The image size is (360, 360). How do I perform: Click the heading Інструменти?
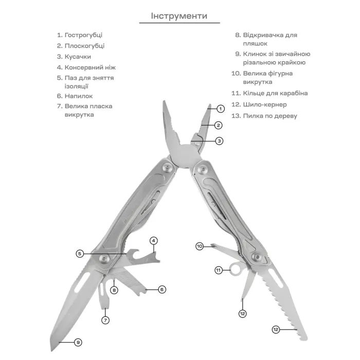179,16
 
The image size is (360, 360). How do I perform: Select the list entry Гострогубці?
83,35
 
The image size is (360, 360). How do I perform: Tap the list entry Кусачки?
78,57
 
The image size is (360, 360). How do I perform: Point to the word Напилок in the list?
79,96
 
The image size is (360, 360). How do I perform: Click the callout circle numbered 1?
220,109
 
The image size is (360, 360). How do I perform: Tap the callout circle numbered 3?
219,140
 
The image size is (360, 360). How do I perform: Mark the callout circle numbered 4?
153,241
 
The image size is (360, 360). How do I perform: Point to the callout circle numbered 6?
162,290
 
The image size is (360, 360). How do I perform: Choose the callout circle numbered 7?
105,320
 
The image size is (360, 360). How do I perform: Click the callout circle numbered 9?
78,342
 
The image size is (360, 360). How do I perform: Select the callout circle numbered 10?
200,246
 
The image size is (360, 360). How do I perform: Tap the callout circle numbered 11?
218,270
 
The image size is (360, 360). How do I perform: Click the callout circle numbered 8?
114,290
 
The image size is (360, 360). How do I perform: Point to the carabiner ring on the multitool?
236,268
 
